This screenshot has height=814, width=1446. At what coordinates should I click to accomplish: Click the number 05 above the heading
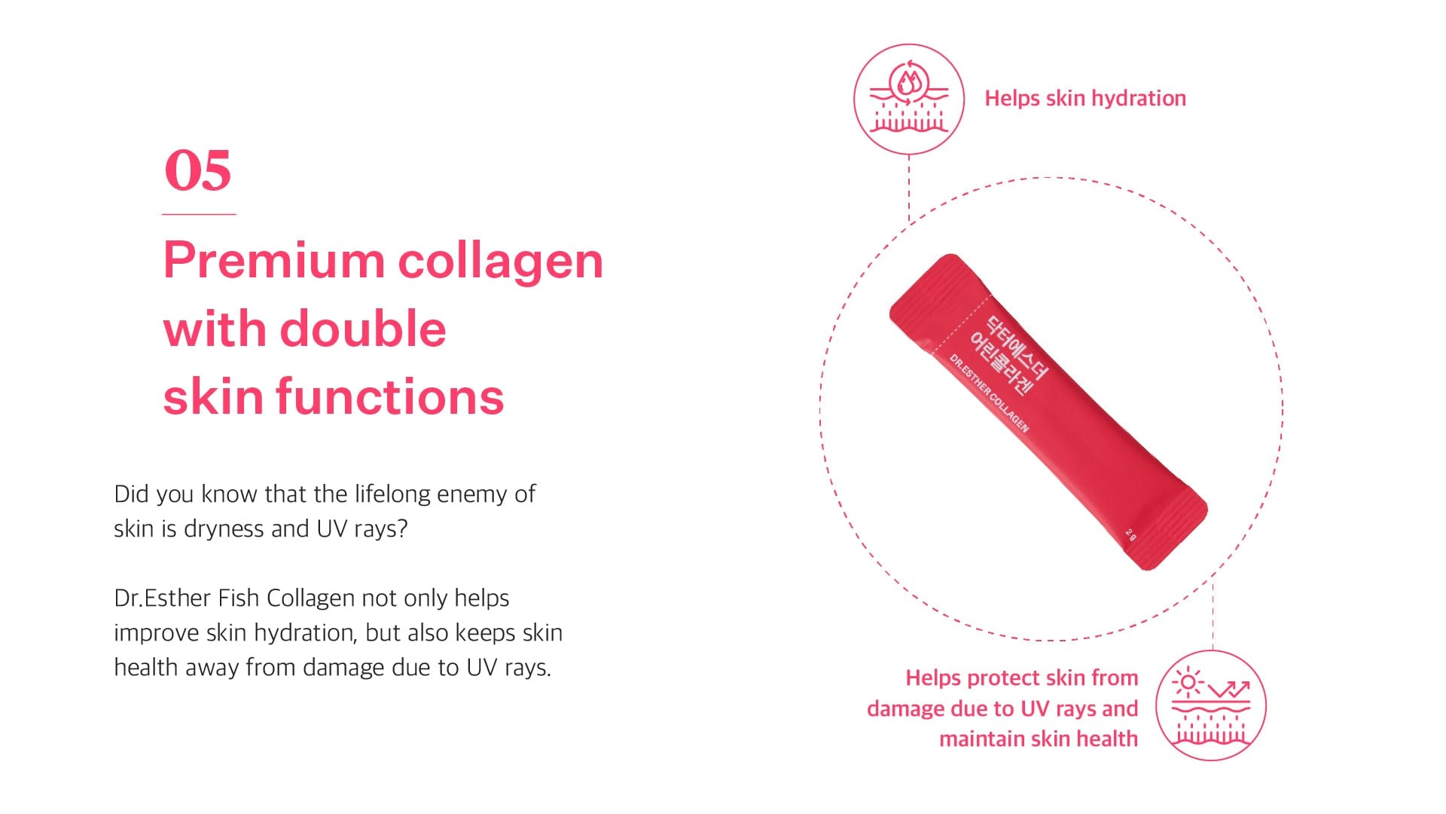pos(198,170)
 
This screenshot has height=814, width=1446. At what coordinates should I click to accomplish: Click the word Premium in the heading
pos(274,261)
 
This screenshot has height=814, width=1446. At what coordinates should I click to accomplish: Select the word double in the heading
pos(363,329)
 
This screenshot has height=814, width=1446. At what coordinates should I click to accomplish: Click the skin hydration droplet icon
pos(909,99)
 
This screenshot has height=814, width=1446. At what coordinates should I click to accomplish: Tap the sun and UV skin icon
pos(1211,705)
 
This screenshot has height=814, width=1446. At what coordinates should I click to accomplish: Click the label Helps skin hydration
pos(1085,99)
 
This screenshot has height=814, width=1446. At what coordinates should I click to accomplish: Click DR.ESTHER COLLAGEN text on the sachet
pos(989,393)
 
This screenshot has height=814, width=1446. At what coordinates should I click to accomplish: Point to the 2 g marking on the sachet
pos(1130,534)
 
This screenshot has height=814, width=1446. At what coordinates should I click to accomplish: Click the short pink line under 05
pos(199,215)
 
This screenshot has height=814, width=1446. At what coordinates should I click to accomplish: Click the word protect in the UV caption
pos(1001,679)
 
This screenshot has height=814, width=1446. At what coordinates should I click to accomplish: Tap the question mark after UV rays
pos(402,529)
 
